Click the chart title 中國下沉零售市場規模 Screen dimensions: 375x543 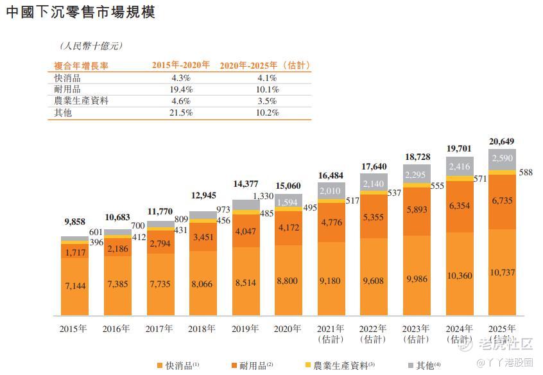(x=80, y=12)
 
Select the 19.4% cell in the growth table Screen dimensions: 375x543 (x=180, y=89)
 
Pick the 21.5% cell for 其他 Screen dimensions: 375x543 (x=180, y=112)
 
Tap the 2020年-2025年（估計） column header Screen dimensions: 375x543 (x=265, y=65)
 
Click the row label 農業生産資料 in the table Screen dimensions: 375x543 (x=82, y=101)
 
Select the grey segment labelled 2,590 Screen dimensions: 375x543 (x=501, y=159)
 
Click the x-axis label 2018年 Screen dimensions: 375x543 (x=202, y=329)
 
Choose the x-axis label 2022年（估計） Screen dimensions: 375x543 (x=373, y=333)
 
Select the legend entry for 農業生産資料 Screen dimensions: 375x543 (x=340, y=365)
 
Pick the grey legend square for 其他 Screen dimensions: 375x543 (x=411, y=365)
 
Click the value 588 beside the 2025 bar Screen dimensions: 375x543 (x=524, y=171)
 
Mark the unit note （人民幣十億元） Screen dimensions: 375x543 (x=90, y=46)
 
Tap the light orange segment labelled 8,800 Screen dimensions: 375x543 (x=288, y=280)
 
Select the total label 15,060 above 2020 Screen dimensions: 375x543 (x=288, y=186)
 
